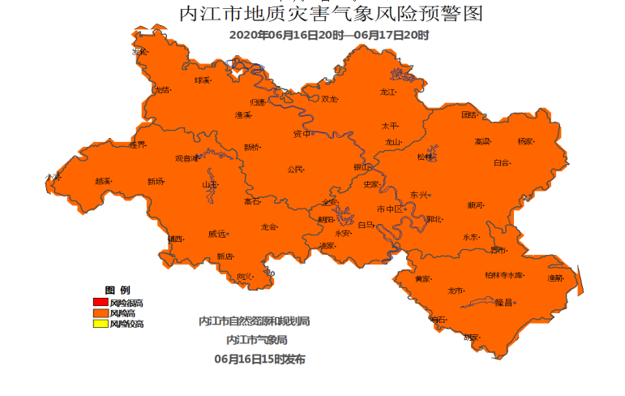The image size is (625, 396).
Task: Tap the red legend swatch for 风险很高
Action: [x=101, y=303]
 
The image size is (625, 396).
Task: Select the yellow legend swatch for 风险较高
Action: [x=101, y=324]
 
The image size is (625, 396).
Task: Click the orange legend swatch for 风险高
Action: [x=101, y=313]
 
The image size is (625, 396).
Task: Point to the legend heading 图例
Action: [x=117, y=291]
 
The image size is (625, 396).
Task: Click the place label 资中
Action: [x=302, y=134]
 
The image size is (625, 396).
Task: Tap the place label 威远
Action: [x=216, y=234]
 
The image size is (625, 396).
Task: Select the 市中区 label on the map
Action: [x=389, y=209]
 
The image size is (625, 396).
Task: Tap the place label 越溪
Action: [x=103, y=181]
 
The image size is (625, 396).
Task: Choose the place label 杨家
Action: [x=525, y=141]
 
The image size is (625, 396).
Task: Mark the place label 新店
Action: [x=225, y=256]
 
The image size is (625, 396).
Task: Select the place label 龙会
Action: [x=269, y=227]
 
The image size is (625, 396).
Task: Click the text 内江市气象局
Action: [x=257, y=339]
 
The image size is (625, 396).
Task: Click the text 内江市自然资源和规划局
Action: [x=255, y=321]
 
